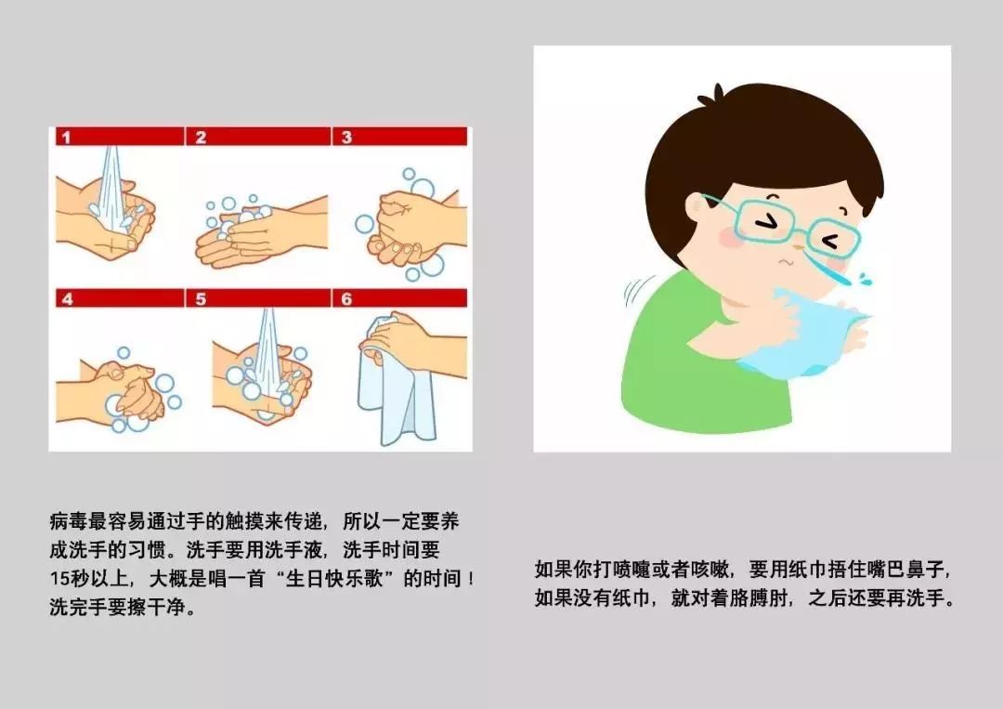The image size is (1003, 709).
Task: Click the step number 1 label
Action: tap(67, 137)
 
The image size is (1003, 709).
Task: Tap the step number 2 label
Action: tap(201, 137)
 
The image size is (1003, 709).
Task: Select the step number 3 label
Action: tap(346, 137)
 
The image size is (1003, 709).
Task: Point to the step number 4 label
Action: tap(67, 299)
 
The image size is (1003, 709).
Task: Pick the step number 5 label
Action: tap(201, 299)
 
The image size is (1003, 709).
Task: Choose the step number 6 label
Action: tap(346, 299)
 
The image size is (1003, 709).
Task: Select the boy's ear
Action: tap(697, 211)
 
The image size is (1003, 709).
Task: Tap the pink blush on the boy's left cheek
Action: tap(729, 237)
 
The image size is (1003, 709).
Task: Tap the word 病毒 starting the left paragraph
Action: tap(69, 521)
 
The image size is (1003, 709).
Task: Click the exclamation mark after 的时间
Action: tap(471, 579)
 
